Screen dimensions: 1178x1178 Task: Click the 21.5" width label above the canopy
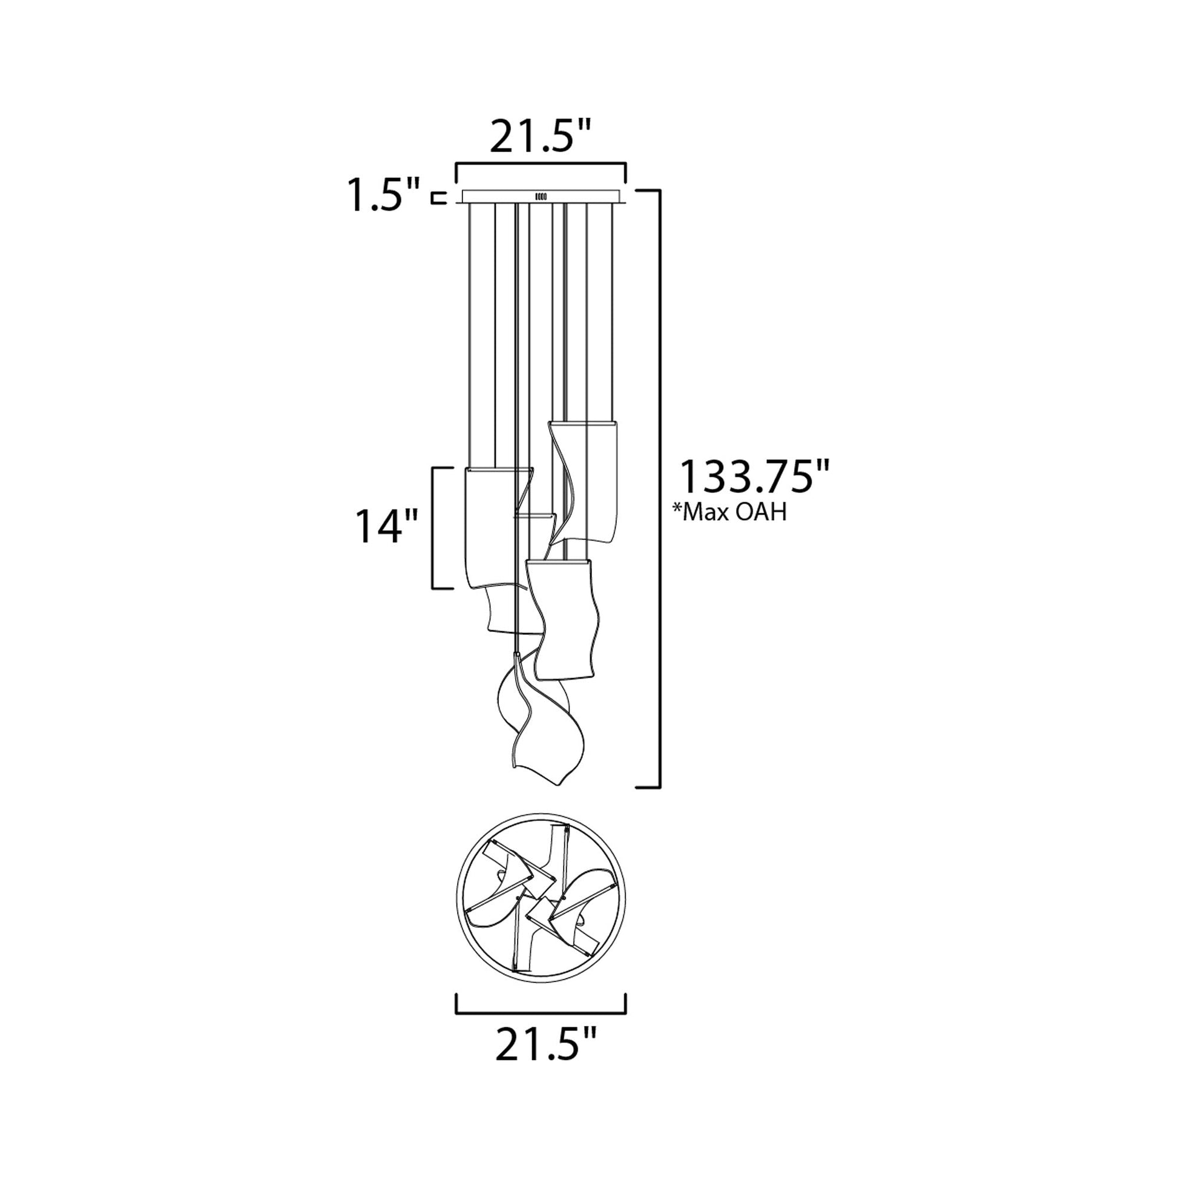(x=541, y=138)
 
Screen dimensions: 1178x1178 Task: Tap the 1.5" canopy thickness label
(x=384, y=194)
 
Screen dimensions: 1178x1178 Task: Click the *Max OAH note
(x=729, y=512)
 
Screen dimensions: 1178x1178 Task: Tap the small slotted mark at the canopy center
(x=541, y=196)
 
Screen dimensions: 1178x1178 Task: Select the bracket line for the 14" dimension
(x=434, y=528)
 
